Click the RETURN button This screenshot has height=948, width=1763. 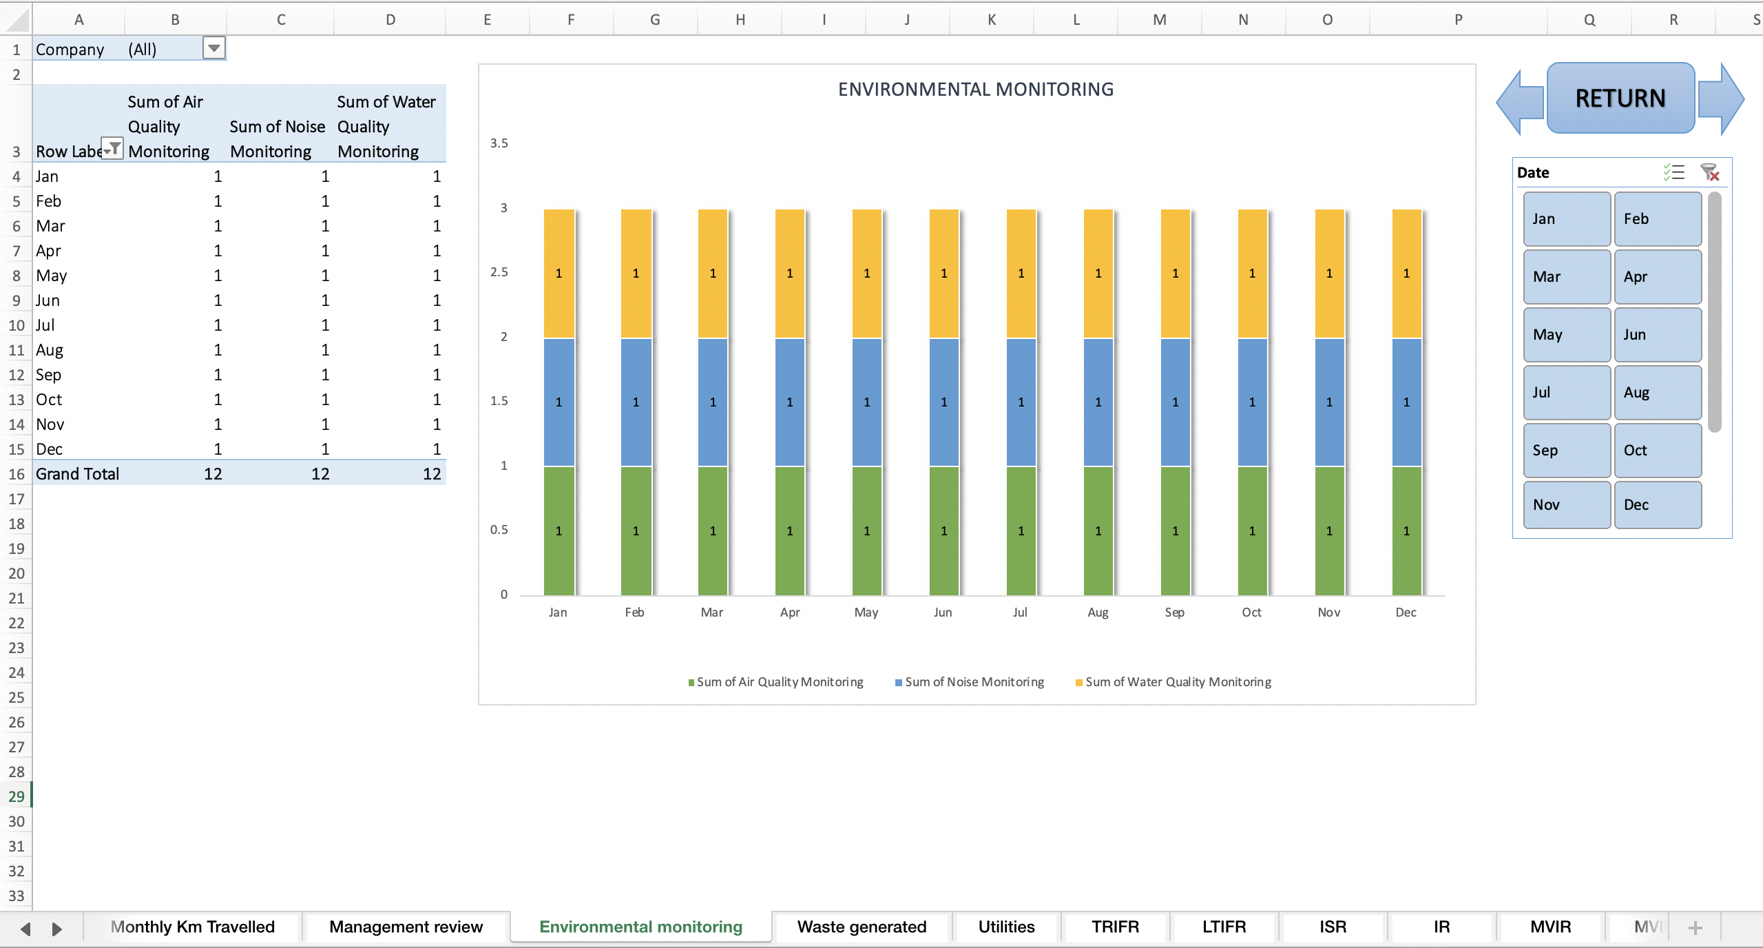pos(1620,99)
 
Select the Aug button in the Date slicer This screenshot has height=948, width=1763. pos(1657,393)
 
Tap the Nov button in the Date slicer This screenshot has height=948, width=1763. pos(1566,505)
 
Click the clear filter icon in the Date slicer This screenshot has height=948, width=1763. pos(1709,172)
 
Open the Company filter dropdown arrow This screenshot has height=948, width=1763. pos(214,48)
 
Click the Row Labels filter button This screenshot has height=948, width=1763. pos(112,149)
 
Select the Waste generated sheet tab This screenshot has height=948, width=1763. pos(862,927)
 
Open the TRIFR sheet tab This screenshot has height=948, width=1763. pos(1115,927)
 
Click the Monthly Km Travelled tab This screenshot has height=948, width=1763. pos(192,927)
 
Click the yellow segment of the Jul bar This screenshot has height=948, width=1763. pos(1021,274)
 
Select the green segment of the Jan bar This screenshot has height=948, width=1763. pos(559,531)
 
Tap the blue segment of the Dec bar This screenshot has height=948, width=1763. pos(1406,402)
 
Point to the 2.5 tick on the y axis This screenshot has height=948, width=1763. pos(499,272)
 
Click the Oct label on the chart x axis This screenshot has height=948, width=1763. pos(1251,612)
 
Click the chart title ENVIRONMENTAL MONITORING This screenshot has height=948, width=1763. pos(975,90)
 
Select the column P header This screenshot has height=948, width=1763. pos(1458,19)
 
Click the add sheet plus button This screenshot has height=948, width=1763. pos(1696,927)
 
